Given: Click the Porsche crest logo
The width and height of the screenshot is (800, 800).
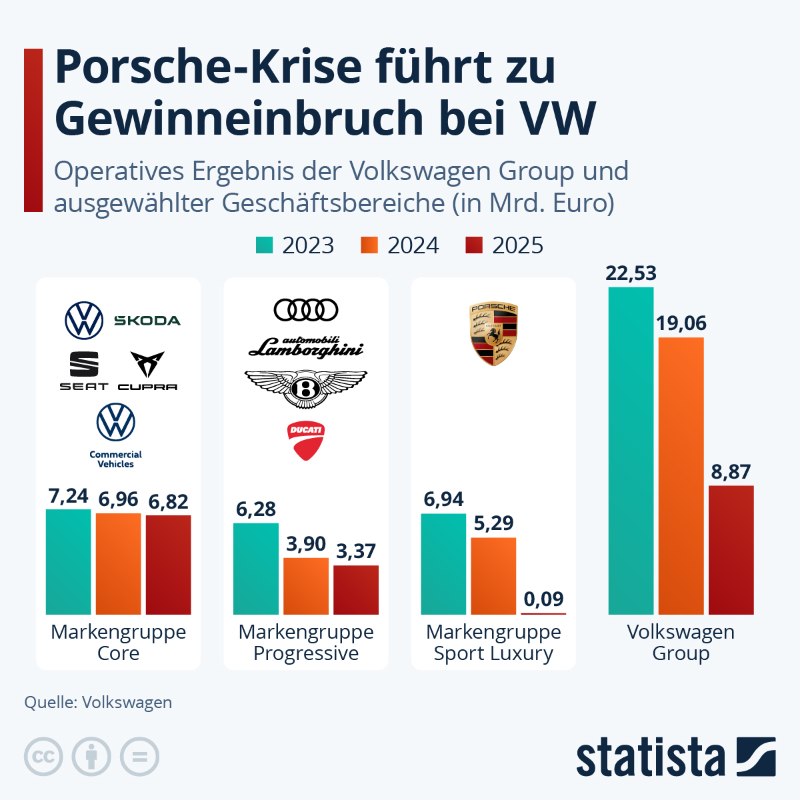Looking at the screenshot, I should (494, 334).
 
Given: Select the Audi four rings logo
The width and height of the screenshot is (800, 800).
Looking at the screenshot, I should (306, 310).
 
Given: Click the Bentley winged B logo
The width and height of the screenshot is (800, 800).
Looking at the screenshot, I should (306, 388).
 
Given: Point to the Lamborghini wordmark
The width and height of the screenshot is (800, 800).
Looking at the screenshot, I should (306, 347).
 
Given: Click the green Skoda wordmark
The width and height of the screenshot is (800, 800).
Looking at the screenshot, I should (147, 321).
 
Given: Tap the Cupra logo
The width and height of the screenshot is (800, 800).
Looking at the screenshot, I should (147, 371).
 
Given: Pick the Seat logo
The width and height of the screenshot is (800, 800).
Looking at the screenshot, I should (84, 371).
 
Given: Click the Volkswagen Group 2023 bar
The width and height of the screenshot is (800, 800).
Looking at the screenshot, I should (631, 451).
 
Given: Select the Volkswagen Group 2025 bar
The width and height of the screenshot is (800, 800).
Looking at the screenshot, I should (731, 550).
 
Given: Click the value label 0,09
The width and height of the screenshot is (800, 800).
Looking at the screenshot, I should (543, 599).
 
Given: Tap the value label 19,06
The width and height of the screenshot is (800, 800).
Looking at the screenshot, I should (681, 323).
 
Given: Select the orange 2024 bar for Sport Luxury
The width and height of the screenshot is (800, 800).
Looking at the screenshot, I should (493, 576).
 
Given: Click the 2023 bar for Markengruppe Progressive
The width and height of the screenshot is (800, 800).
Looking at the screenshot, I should (256, 569).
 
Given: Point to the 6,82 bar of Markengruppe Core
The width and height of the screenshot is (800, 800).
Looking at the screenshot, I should (168, 565).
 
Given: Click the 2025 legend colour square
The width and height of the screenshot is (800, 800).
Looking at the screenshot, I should (473, 245).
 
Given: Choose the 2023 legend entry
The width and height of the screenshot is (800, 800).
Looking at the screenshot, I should (295, 245).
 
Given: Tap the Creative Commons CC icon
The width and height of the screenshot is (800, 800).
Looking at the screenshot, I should (43, 757).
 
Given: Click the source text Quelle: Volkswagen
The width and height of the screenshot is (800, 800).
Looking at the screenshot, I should (98, 702).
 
